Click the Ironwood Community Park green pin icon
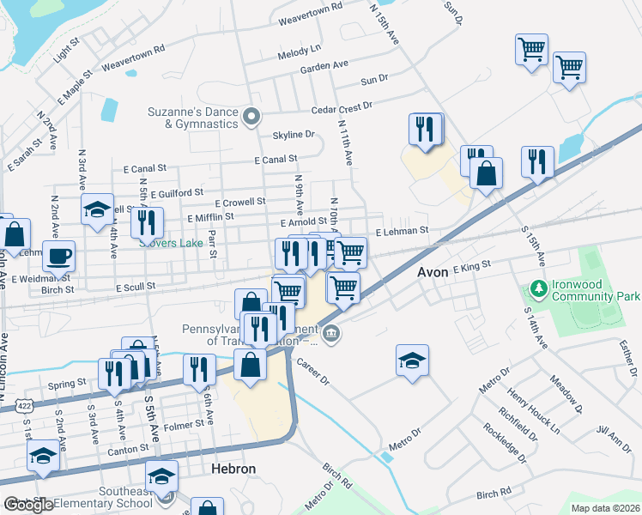point(538,288)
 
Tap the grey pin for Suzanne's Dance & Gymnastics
point(251,117)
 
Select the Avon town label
point(433,272)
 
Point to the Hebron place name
point(233,470)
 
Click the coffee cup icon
point(58,255)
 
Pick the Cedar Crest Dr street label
point(342,106)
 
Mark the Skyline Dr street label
point(293,135)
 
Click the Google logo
point(28,505)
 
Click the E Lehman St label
point(401,231)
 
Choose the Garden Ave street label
point(324,65)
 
